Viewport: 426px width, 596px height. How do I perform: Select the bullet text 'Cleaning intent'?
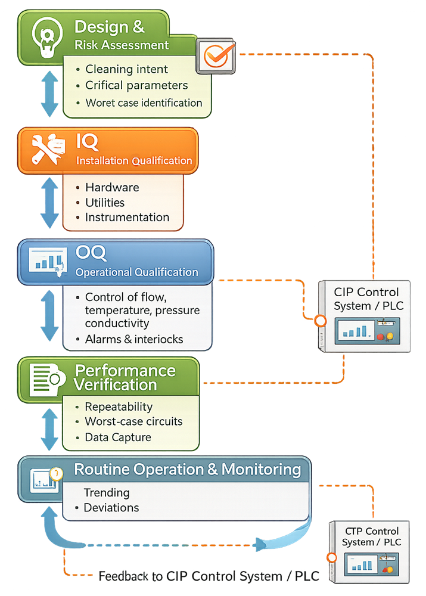point(126,69)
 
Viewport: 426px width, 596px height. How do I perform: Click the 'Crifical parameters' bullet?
point(136,85)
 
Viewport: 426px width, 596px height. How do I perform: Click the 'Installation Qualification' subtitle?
point(134,160)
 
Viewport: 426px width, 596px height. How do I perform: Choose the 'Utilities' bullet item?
point(105,203)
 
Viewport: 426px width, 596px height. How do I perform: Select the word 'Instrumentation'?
point(127,218)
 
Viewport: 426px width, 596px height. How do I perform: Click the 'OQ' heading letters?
point(91,253)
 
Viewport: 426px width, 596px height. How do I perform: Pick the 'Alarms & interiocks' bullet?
point(134,339)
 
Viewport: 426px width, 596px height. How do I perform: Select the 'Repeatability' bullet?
point(119,406)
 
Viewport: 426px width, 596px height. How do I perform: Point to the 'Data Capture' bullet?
point(118,437)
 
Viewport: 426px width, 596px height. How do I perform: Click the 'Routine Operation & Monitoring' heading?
point(187,469)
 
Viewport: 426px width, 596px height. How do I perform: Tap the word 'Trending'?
point(106,493)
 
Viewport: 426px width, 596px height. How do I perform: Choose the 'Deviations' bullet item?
point(111,508)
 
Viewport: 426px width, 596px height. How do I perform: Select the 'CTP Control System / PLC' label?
point(371,536)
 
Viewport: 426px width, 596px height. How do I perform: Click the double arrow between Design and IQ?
point(50,94)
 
